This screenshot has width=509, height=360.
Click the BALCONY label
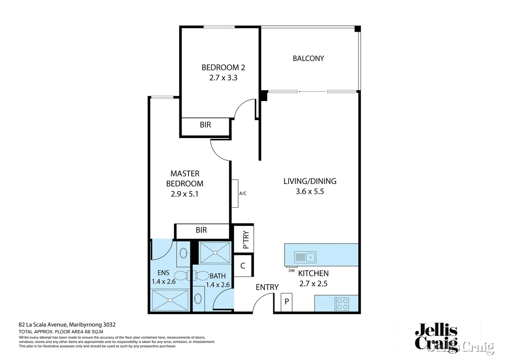(308, 58)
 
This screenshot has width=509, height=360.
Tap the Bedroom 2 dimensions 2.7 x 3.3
(223, 78)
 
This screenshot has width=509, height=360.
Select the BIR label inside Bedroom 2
(205, 125)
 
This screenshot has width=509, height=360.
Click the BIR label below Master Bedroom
(201, 230)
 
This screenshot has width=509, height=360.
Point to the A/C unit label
(243, 193)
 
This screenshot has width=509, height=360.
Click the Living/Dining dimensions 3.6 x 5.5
(310, 191)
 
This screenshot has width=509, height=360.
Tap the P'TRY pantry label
(246, 240)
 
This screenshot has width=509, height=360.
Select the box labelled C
(243, 266)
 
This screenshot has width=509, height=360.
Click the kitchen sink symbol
(305, 257)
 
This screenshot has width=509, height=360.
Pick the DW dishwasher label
(292, 271)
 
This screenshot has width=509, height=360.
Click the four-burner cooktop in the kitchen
(341, 304)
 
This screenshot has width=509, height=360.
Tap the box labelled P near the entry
(286, 302)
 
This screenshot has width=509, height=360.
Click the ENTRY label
(267, 287)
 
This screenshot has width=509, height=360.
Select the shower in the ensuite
(170, 300)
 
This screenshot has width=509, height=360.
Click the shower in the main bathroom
(215, 253)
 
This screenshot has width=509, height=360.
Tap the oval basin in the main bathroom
(198, 298)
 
